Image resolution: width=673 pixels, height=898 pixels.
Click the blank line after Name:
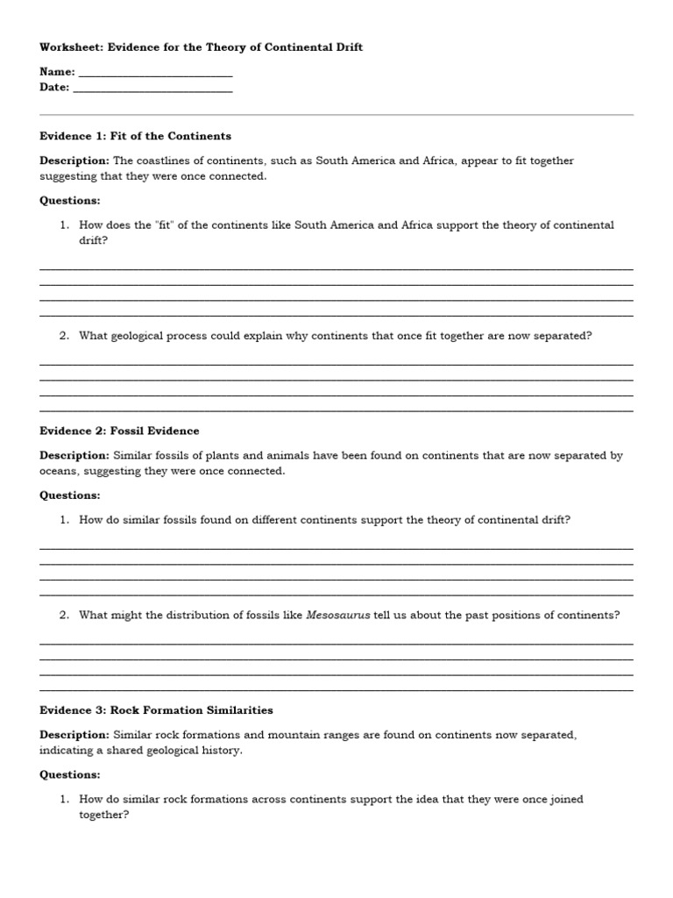(x=155, y=74)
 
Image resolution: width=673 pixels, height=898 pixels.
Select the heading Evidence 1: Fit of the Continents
(x=136, y=136)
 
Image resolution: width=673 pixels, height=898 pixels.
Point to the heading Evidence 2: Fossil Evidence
(x=119, y=431)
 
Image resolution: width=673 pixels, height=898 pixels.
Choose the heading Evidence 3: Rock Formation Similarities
(x=156, y=709)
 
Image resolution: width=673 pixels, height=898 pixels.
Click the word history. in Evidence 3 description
(x=223, y=751)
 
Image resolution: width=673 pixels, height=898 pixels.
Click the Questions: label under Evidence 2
(x=70, y=495)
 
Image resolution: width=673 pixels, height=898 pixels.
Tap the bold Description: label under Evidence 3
(x=74, y=734)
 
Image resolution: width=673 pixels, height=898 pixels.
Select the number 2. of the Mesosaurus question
(x=64, y=615)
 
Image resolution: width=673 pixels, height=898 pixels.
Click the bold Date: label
(x=54, y=88)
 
